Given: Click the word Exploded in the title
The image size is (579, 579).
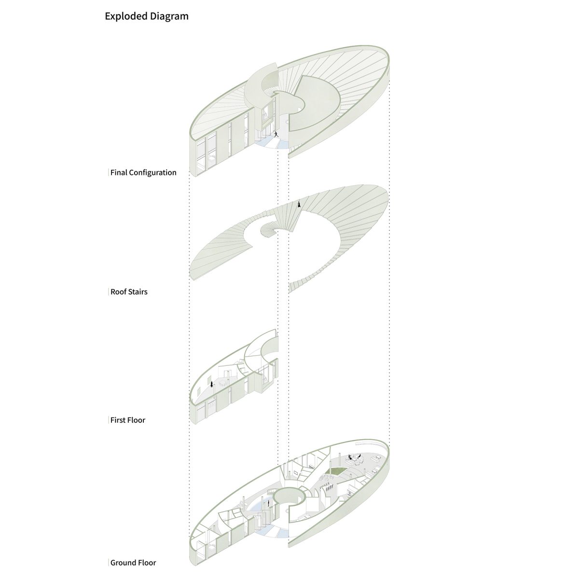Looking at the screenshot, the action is pyautogui.click(x=126, y=16).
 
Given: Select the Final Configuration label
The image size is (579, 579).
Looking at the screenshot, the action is pyautogui.click(x=143, y=172).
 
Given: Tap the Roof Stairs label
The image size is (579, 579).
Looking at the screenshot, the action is pyautogui.click(x=129, y=292).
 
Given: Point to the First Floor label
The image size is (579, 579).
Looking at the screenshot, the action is pyautogui.click(x=128, y=420).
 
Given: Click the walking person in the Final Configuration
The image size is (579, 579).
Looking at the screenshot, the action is pyautogui.click(x=276, y=134).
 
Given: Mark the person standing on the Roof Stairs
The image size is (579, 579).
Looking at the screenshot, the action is pyautogui.click(x=299, y=204).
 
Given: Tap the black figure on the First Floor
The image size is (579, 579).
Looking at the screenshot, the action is pyautogui.click(x=212, y=384).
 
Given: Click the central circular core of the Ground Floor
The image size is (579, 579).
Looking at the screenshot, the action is pyautogui.click(x=289, y=501).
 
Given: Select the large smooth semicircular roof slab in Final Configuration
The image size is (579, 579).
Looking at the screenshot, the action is pyautogui.click(x=315, y=102).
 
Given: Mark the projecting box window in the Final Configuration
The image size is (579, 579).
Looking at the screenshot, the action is pyautogui.click(x=268, y=114).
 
